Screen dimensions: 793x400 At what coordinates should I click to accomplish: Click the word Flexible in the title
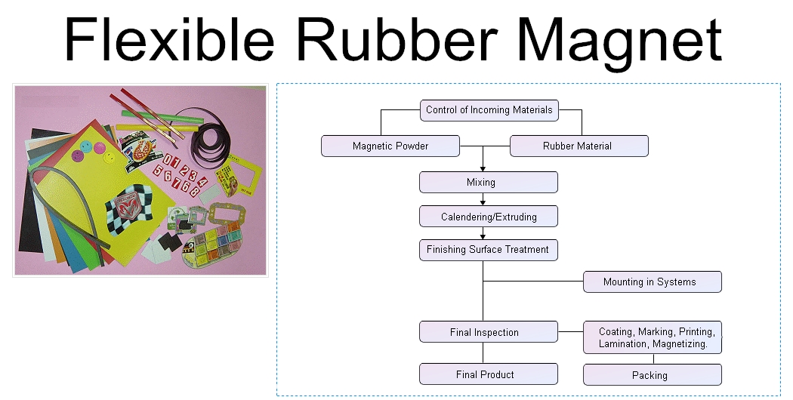(169, 39)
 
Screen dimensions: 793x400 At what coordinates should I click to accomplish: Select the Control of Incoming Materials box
(489, 110)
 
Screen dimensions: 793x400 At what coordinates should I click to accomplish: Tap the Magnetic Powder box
(390, 146)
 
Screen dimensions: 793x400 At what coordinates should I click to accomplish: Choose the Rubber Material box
(579, 146)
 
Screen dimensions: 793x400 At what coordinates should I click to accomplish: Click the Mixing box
(489, 182)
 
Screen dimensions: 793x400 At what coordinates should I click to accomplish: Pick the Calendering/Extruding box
(489, 217)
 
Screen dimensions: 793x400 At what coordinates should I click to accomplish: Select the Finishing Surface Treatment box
(489, 250)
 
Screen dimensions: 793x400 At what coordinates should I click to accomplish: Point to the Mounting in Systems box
(653, 282)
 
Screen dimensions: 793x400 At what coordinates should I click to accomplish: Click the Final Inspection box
(489, 332)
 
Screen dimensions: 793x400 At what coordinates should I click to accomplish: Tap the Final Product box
(489, 374)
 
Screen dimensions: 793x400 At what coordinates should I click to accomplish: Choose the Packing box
(653, 374)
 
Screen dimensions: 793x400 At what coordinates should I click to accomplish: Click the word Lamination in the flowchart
(622, 344)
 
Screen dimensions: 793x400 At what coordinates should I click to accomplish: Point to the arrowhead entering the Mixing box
(483, 168)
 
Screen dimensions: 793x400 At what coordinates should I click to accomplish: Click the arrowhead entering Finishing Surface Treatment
(483, 236)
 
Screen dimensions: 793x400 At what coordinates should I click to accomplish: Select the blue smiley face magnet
(77, 154)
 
